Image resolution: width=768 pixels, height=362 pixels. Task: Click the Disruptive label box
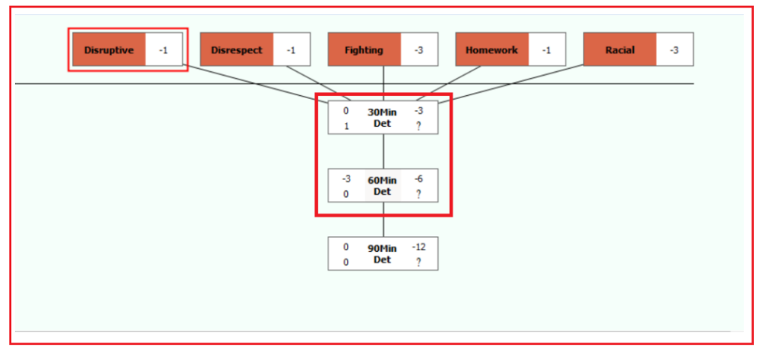109,49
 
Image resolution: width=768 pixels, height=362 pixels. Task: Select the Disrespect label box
236,49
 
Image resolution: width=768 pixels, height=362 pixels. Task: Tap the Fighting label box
364,49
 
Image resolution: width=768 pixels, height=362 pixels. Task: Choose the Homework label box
492,49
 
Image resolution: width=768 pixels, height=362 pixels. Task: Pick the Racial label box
619,49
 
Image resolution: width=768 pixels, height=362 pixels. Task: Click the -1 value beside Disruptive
163,50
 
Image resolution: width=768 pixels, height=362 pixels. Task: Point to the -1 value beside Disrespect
291,50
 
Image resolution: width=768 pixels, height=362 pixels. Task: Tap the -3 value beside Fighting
418,50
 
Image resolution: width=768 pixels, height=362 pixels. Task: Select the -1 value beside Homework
547,50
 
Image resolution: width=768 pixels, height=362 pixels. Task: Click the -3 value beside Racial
674,50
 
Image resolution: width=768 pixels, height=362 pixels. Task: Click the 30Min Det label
382,118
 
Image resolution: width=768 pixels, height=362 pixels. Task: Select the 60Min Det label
382,186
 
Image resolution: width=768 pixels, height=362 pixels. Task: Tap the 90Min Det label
382,254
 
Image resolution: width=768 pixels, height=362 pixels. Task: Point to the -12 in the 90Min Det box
418,247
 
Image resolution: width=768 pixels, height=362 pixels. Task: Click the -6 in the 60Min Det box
418,179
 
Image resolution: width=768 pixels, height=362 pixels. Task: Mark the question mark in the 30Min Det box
418,126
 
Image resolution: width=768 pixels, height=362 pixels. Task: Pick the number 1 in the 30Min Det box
346,126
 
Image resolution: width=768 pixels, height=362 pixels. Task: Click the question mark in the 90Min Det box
418,262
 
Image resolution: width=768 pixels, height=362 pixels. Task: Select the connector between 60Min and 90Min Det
383,220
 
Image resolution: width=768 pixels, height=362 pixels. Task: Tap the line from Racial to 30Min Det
511,84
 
